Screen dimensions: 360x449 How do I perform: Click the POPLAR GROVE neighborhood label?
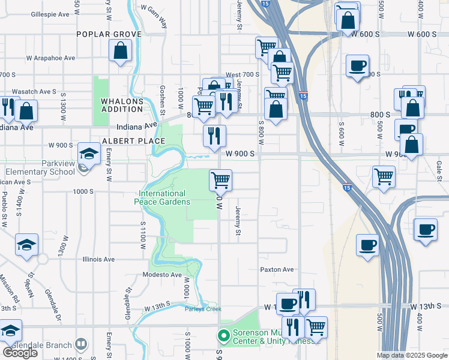(109, 34)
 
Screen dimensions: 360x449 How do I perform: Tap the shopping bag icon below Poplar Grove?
(121, 52)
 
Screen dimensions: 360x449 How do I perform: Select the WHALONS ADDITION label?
(122, 105)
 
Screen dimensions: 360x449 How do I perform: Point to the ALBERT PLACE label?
(133, 141)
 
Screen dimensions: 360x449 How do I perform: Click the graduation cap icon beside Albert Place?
(89, 154)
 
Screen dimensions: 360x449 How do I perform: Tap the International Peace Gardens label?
(162, 197)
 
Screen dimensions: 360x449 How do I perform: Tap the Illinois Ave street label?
(98, 259)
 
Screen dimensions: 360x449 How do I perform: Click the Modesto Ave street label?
(162, 275)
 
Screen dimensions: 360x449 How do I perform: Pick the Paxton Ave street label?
(277, 269)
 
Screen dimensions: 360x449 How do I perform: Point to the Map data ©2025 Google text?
(412, 355)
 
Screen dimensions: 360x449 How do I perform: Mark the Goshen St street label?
(163, 99)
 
